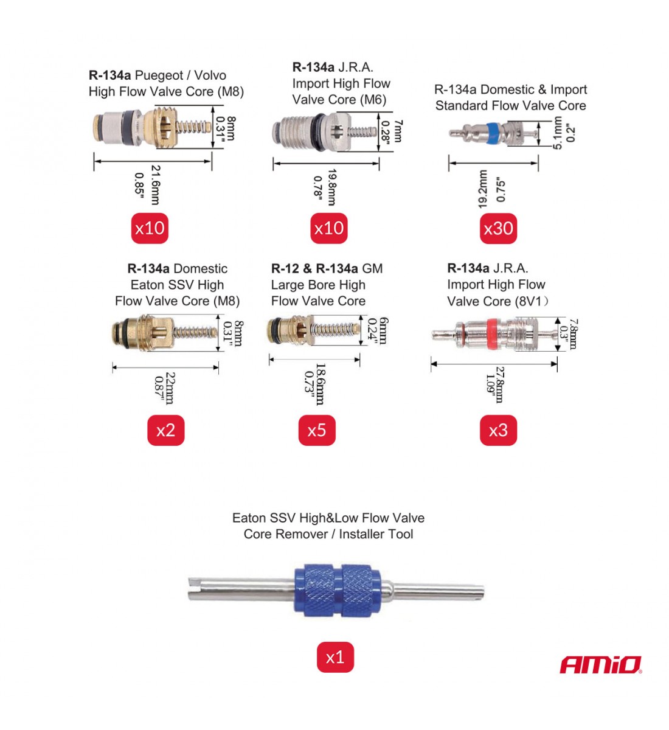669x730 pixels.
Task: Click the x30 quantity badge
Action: click(x=498, y=228)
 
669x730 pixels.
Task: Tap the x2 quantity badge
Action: click(x=165, y=430)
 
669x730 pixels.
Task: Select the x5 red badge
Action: click(x=317, y=430)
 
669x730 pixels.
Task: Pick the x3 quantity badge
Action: click(x=498, y=430)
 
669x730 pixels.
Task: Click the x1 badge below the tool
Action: click(x=334, y=657)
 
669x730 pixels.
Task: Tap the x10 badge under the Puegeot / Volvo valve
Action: click(x=150, y=228)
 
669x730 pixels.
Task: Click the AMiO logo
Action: click(x=600, y=665)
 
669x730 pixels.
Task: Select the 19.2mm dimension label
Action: click(x=483, y=189)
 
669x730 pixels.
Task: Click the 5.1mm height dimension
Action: click(x=558, y=133)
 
